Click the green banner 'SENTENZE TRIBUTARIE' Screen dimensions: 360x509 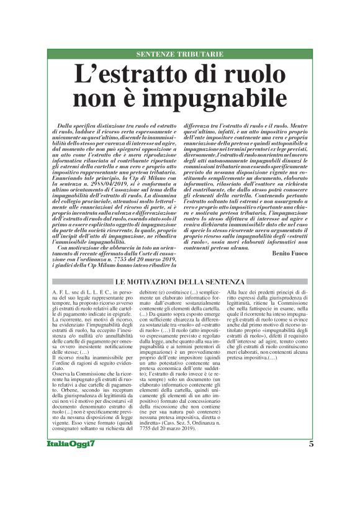(179, 55)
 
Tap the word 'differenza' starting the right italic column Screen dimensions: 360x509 (198, 125)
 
